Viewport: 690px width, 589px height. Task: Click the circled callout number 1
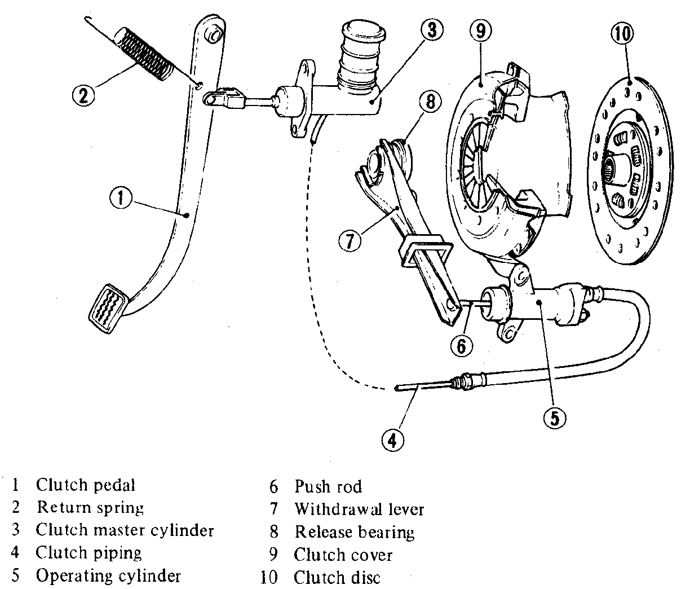[121, 198]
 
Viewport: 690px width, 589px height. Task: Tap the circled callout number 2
[83, 95]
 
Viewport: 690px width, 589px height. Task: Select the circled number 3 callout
[432, 30]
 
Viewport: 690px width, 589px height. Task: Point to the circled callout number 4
[393, 441]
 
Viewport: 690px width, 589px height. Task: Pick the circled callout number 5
[555, 417]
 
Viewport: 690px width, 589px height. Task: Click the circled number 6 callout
[462, 346]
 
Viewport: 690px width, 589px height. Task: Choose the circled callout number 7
[350, 241]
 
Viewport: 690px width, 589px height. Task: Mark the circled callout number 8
[430, 101]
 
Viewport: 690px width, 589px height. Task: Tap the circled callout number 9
[481, 30]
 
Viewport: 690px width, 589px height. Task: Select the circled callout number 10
[623, 33]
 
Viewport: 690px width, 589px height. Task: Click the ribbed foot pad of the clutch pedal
[108, 309]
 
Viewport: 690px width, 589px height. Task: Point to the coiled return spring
[144, 54]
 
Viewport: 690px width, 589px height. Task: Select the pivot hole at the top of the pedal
[214, 34]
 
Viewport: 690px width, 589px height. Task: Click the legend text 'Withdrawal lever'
[359, 509]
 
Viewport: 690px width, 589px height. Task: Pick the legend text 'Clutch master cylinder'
[125, 531]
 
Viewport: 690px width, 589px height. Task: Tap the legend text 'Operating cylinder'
[108, 575]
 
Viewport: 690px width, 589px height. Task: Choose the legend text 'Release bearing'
[355, 532]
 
